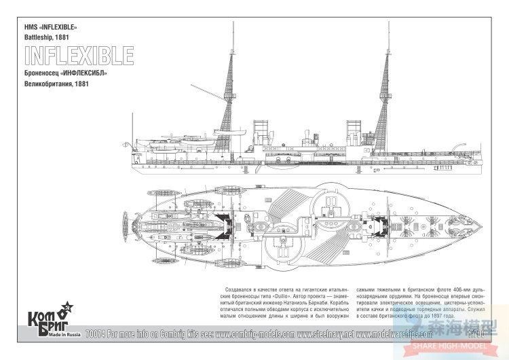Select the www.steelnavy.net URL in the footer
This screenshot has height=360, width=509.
324,334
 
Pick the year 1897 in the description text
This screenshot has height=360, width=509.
451,324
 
